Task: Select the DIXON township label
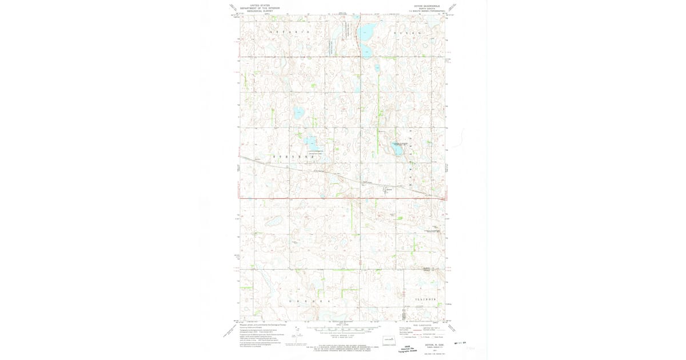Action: (408, 33)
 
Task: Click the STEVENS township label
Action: (293, 155)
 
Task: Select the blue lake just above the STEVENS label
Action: (310, 141)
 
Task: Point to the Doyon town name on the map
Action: (389, 187)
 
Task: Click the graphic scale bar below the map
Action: (343, 330)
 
